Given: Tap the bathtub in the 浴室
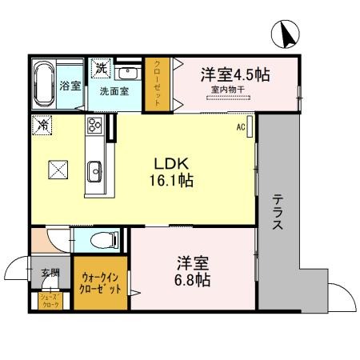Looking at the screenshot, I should [43, 83].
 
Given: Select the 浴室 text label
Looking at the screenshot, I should [70, 85].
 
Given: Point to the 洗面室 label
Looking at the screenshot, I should [112, 91].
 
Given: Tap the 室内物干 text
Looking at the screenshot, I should [230, 90].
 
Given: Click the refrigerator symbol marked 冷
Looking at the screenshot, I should [42, 126].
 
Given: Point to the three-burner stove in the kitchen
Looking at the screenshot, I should [94, 126].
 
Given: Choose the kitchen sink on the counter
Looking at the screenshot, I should [94, 169].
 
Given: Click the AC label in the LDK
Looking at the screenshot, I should [240, 126].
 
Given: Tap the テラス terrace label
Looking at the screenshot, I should [277, 213].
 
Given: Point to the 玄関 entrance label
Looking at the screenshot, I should [50, 273].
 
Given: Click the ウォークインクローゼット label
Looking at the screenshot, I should [101, 284].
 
